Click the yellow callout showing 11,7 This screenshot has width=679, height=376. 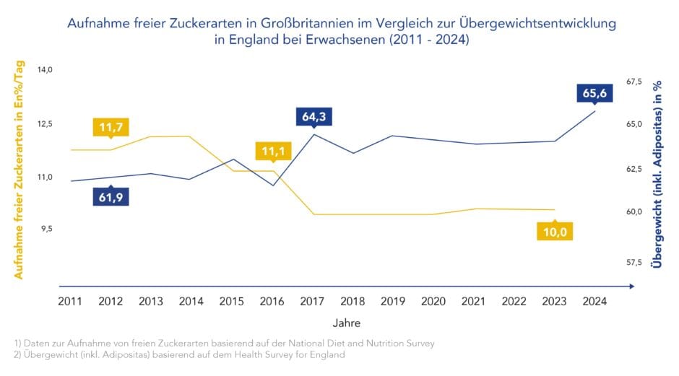[x=111, y=128]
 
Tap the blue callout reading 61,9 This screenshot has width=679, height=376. [x=111, y=196]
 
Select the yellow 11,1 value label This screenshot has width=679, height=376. [x=273, y=152]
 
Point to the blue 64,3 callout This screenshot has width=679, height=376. [x=314, y=116]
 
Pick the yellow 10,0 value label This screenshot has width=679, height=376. [x=554, y=231]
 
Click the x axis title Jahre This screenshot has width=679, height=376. [x=347, y=323]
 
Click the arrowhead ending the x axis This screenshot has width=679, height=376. [x=633, y=287]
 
